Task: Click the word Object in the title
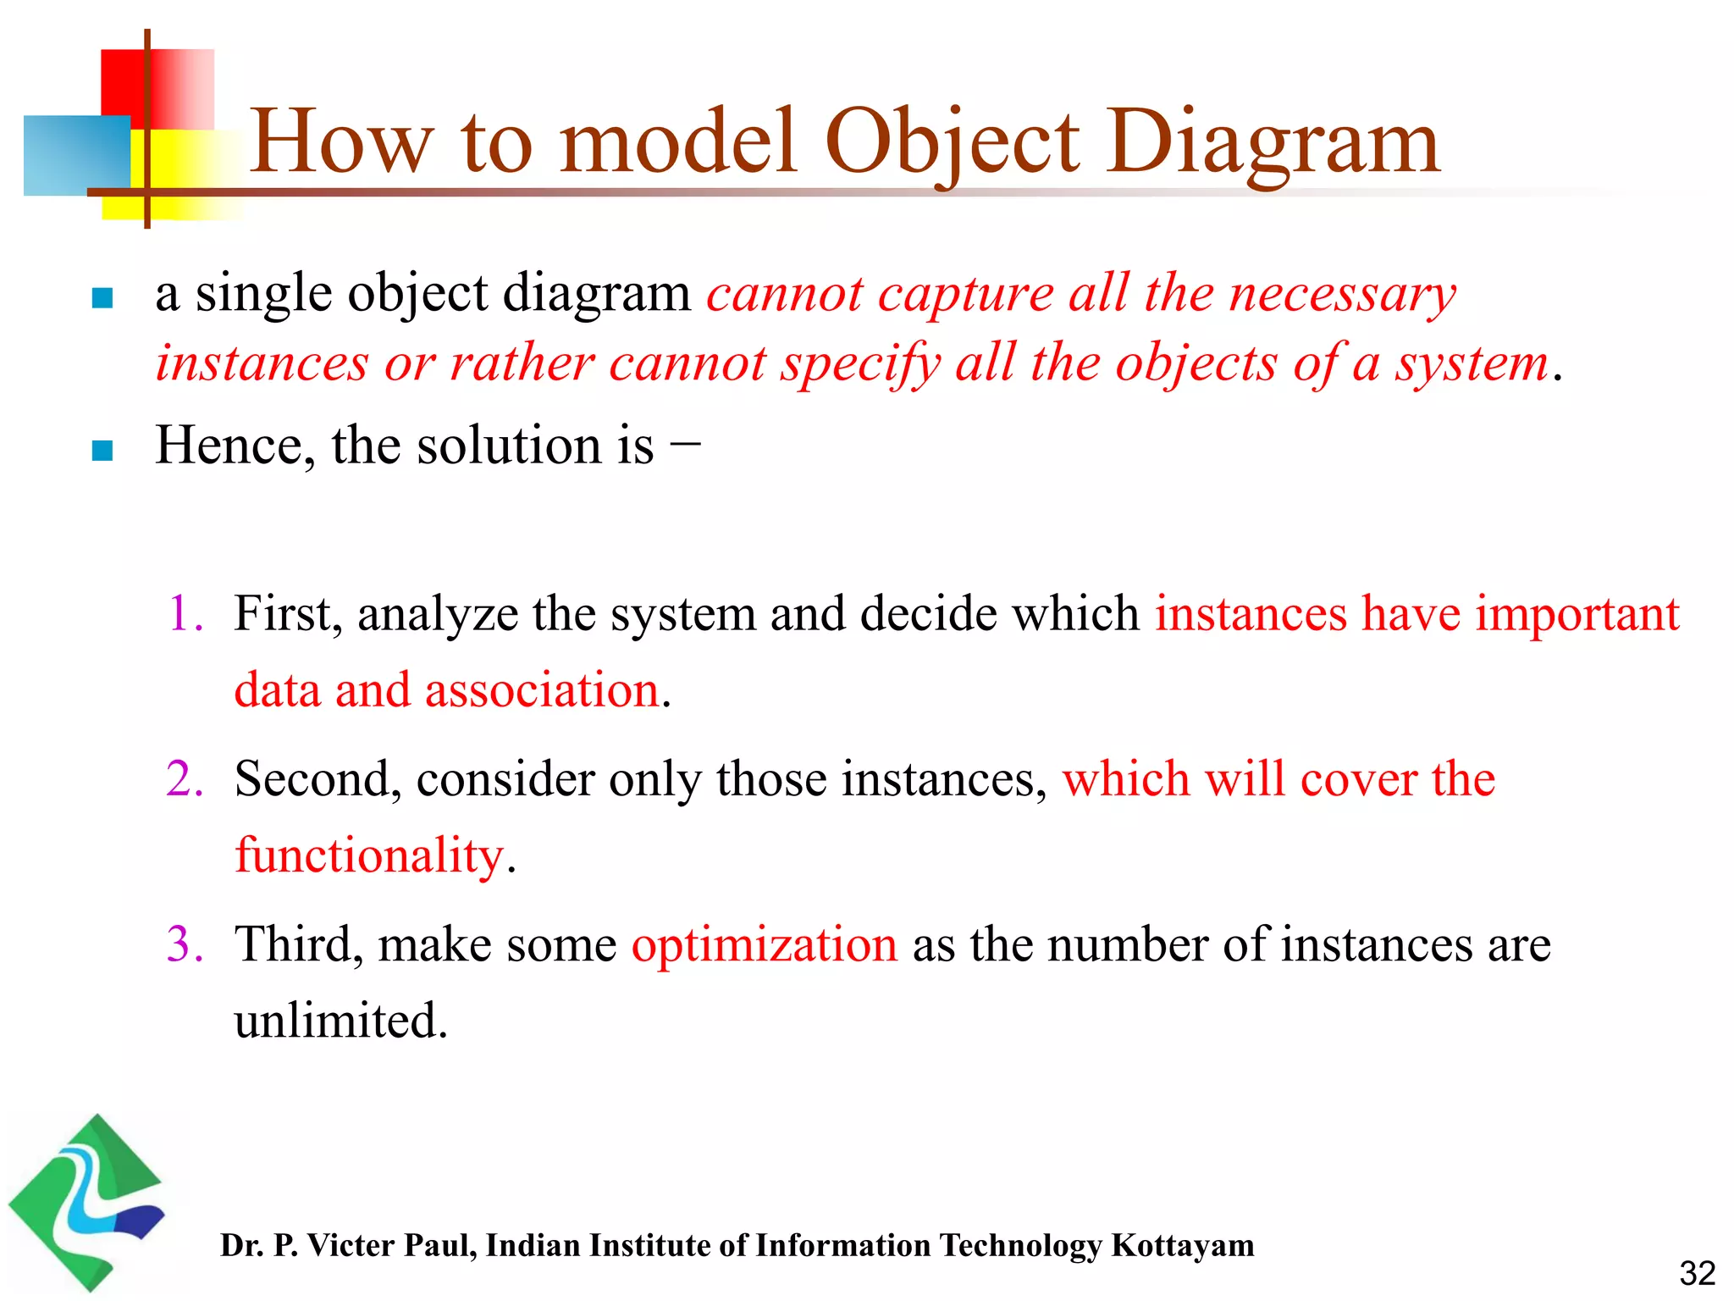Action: pyautogui.click(x=952, y=142)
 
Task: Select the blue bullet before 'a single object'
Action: pyautogui.click(x=102, y=298)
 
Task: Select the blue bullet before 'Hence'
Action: pyautogui.click(x=102, y=450)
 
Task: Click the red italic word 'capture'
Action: pyautogui.click(x=965, y=295)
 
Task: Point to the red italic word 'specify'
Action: pyautogui.click(x=860, y=364)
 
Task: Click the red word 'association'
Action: pyautogui.click(x=542, y=689)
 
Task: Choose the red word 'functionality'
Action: pyautogui.click(x=369, y=855)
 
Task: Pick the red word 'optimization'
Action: pyautogui.click(x=765, y=944)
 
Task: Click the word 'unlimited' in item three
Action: pyautogui.click(x=340, y=1020)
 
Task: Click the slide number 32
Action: pyautogui.click(x=1697, y=1273)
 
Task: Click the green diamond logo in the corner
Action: pyautogui.click(x=85, y=1203)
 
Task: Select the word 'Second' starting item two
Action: pyautogui.click(x=312, y=778)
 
